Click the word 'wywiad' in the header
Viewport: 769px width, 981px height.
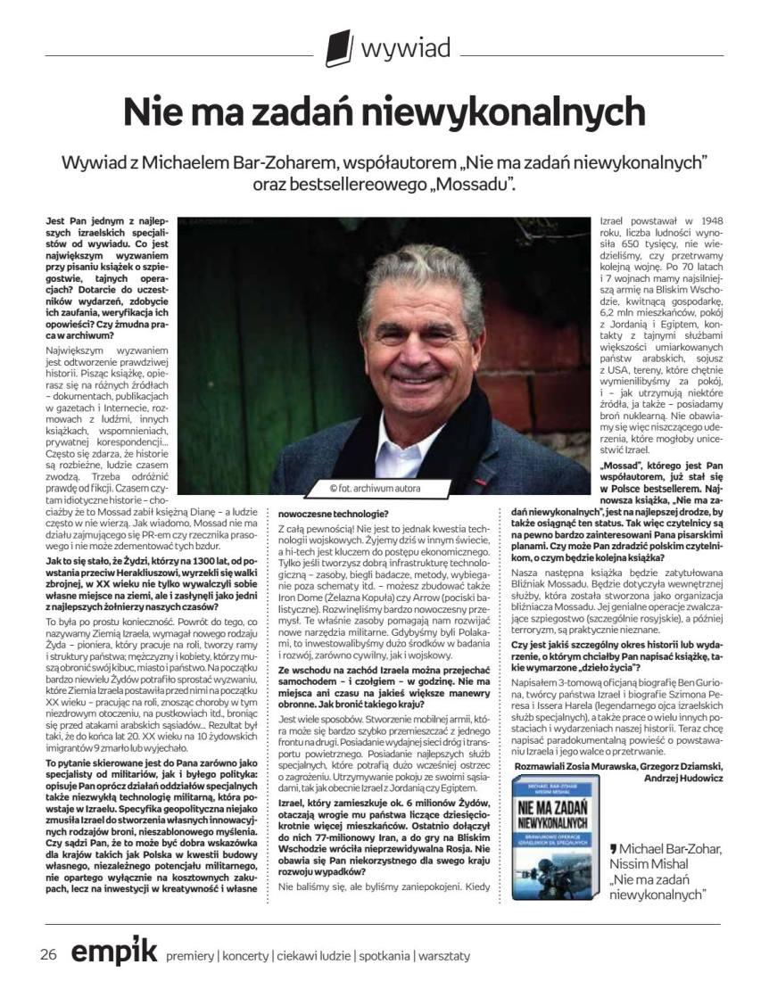coord(405,46)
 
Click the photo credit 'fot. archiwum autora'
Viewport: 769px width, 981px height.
coord(375,488)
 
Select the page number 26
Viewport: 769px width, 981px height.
coord(49,954)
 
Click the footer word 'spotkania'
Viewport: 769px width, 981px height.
coord(383,956)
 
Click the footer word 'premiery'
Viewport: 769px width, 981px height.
coord(190,956)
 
